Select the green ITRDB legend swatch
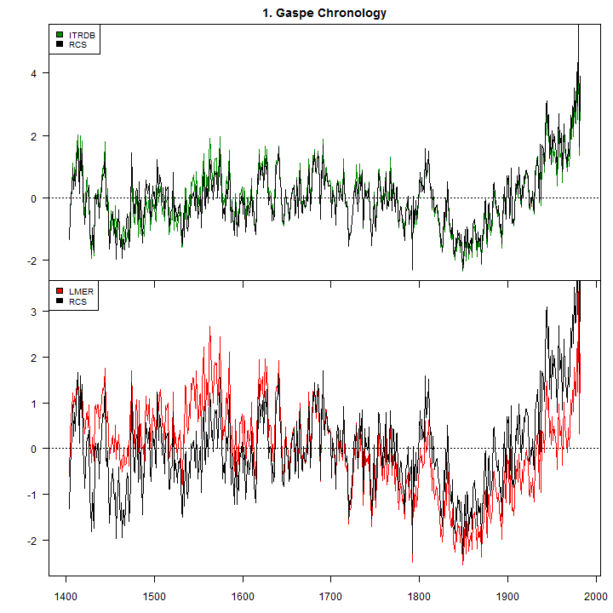click(x=59, y=34)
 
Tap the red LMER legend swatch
click(x=59, y=292)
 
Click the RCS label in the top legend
click(x=77, y=44)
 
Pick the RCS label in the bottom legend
click(x=77, y=301)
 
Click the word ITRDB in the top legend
click(x=83, y=34)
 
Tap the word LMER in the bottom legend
click(x=81, y=292)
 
